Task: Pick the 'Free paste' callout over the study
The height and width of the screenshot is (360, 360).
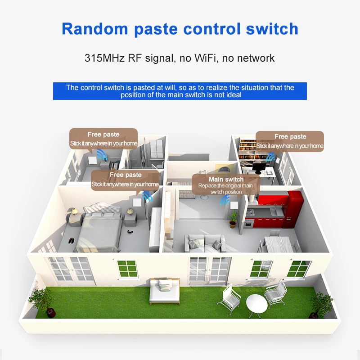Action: [x=290, y=137]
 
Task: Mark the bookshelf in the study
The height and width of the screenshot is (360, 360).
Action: [x=247, y=151]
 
